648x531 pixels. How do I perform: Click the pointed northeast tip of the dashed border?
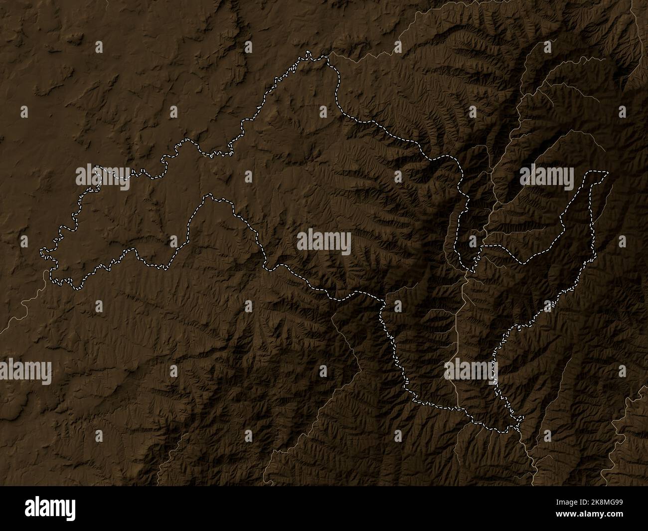[x=608, y=173]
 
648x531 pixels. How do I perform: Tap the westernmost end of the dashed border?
[x=41, y=249]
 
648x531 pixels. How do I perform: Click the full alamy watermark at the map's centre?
[x=324, y=243]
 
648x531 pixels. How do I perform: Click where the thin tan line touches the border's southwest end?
[x=50, y=272]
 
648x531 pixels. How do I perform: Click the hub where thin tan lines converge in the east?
[x=466, y=273]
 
